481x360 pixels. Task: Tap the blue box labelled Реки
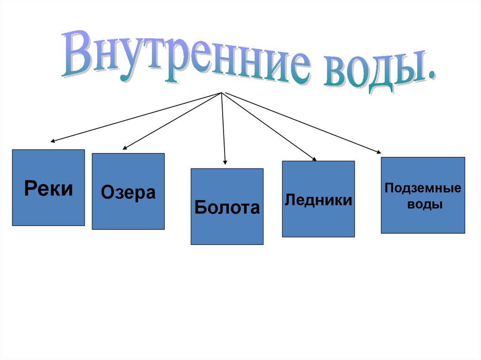point(48,187)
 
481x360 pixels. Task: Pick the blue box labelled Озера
point(128,191)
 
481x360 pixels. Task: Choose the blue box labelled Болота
point(227,207)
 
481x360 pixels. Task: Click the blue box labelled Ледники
point(318,199)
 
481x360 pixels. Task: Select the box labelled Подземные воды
point(423,195)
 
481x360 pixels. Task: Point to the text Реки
point(48,189)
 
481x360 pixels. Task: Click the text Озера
point(128,193)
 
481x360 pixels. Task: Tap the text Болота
point(227,207)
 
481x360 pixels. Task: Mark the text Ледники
point(318,200)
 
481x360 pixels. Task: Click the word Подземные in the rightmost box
point(423,188)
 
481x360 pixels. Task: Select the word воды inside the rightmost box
point(423,205)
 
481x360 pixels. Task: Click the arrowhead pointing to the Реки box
point(53,140)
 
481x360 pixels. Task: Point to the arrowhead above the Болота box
point(225,162)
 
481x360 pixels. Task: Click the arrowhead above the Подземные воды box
point(379,151)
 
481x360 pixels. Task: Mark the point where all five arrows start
point(221,92)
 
